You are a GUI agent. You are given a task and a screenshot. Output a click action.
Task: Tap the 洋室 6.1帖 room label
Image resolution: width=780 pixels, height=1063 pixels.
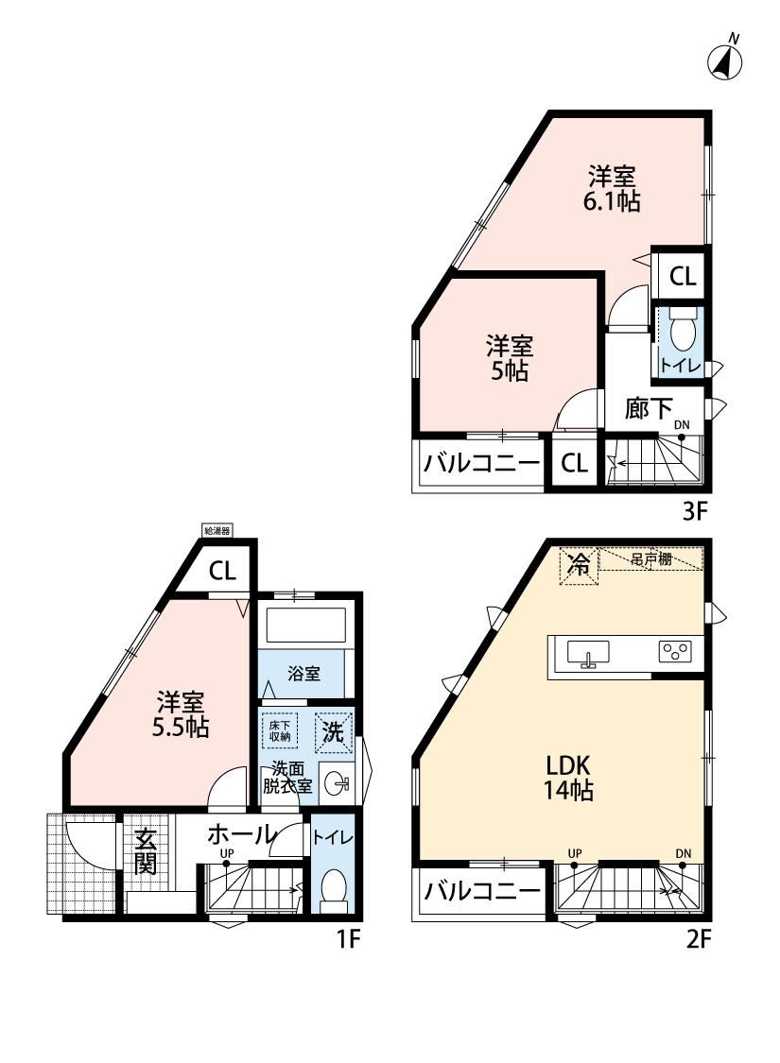(613, 189)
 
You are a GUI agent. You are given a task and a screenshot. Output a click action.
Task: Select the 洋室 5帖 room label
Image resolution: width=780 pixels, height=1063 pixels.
(510, 359)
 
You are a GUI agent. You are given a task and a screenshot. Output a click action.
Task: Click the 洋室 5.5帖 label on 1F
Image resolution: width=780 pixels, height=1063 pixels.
(181, 714)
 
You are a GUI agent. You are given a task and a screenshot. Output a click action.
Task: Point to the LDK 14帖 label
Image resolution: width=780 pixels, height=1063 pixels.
(568, 778)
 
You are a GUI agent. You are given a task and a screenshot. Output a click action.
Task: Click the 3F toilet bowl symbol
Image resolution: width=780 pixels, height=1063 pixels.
(681, 334)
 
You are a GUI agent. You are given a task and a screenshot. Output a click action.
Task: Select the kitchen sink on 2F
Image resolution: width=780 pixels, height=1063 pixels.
(587, 654)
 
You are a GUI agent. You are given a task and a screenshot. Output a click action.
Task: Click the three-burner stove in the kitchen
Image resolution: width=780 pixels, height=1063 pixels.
(676, 651)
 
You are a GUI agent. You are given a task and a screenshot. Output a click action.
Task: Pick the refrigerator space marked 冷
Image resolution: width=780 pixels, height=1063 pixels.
(579, 564)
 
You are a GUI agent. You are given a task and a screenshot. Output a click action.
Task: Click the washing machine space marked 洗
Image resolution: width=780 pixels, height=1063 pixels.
(333, 730)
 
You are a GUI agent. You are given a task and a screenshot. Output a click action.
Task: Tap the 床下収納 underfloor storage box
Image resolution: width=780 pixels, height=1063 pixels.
(280, 729)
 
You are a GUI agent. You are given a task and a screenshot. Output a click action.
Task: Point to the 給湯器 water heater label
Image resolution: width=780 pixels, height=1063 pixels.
(217, 531)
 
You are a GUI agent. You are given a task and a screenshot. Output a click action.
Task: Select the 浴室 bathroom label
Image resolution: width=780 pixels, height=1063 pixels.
(303, 674)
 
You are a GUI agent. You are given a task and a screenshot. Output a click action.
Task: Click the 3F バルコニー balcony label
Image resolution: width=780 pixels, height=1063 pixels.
(481, 464)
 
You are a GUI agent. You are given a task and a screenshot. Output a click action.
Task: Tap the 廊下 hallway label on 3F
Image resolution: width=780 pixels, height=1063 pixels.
(650, 408)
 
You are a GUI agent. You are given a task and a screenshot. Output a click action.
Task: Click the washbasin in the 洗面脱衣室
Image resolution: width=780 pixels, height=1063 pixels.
(336, 785)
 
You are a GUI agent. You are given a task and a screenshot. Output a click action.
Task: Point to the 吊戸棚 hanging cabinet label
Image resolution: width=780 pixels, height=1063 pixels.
(651, 559)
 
